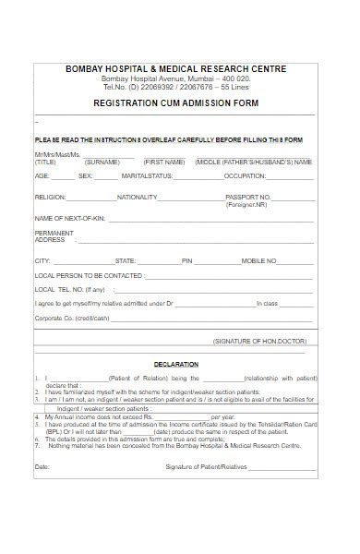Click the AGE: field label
coord(42,175)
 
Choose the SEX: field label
coord(85,175)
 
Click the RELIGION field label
coord(50,198)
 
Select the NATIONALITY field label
coord(137,198)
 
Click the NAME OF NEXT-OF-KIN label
coord(67,217)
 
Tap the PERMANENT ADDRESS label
coord(54,236)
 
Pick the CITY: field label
coord(42,261)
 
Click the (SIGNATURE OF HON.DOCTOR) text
coord(263,342)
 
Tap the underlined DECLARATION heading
coord(174,365)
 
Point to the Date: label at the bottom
coord(42,467)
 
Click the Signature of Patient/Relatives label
coord(209,467)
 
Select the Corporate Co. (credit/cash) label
coord(71,317)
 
